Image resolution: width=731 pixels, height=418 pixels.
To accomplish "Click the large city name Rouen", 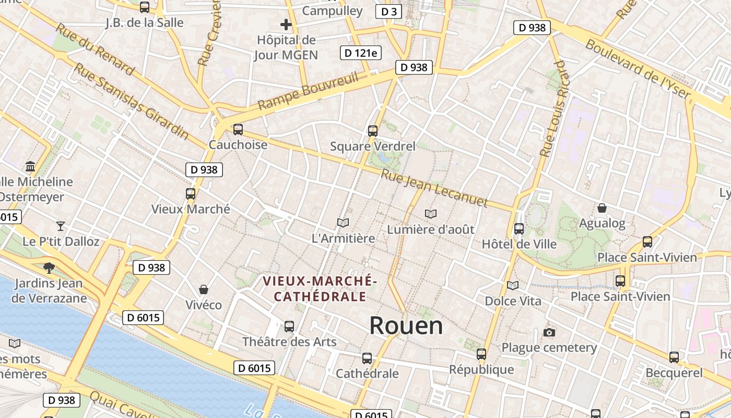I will tap(406, 326).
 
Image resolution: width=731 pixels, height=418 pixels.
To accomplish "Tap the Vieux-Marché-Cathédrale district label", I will tap(320, 289).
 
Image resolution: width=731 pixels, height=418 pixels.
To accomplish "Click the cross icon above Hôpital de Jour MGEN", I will tap(286, 24).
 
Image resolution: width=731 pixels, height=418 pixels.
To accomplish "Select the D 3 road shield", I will tap(388, 11).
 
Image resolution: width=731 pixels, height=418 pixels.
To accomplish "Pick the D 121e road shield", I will tap(361, 53).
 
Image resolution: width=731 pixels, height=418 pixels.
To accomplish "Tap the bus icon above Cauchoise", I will tap(238, 129).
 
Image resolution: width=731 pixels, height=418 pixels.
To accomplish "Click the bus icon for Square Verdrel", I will tap(372, 131).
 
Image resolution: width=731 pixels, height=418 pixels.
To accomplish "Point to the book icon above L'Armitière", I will tap(343, 223).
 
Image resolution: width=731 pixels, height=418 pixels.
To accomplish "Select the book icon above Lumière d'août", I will tap(430, 214).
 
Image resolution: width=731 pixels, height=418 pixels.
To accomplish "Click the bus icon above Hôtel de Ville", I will tap(518, 228).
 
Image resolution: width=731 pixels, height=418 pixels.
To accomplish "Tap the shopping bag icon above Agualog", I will tap(602, 208).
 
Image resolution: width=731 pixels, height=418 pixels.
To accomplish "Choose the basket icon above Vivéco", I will tap(204, 289).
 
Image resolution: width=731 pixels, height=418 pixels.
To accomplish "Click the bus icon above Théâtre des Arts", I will tap(289, 327).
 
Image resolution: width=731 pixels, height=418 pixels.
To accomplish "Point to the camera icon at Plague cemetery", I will tap(549, 332).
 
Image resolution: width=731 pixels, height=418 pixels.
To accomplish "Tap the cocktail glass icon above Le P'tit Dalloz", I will tap(61, 226).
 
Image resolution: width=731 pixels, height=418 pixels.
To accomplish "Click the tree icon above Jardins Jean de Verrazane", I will tap(49, 268).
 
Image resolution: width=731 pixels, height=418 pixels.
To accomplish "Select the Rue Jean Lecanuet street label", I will tap(434, 188).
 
